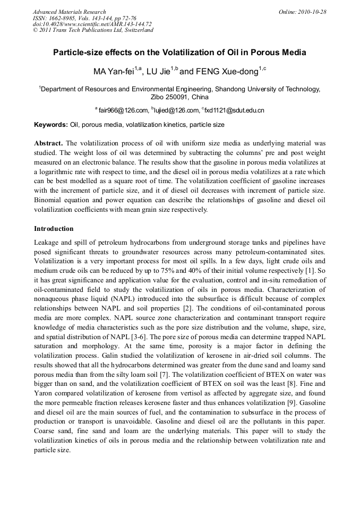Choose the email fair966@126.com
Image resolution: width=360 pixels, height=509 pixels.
tap(123, 110)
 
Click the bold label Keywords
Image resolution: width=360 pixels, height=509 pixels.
tap(51, 125)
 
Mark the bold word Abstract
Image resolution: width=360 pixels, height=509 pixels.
tap(48, 143)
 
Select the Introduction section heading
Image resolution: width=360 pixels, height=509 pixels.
tap(54, 229)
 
